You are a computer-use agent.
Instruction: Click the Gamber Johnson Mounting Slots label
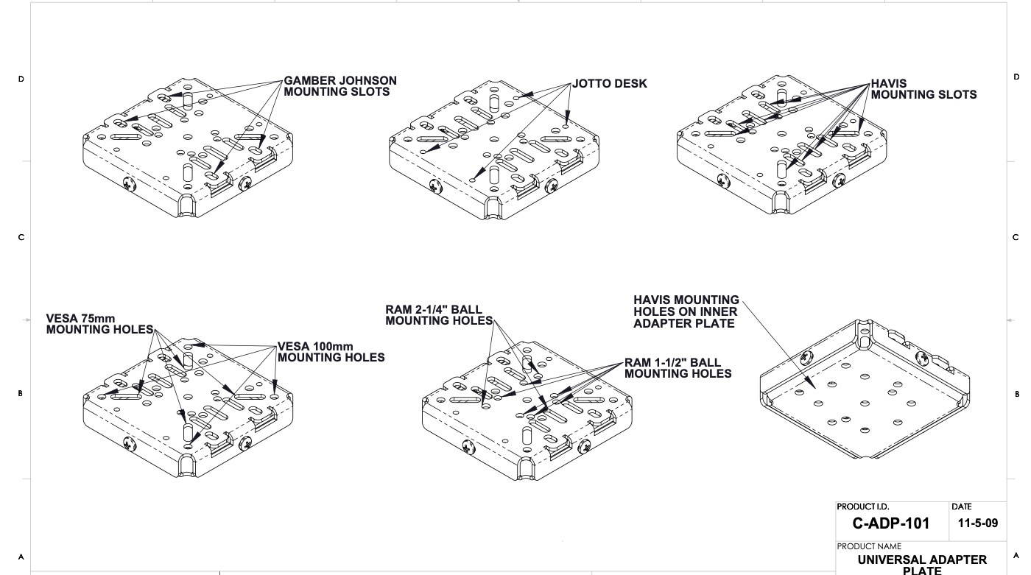point(339,86)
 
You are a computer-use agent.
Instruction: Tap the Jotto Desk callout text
point(609,84)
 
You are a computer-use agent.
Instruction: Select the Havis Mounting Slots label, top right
point(923,89)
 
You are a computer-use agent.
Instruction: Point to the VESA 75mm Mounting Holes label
point(99,324)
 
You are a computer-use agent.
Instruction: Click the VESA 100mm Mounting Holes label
point(331,352)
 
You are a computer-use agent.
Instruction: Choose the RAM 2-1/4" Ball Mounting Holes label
point(438,315)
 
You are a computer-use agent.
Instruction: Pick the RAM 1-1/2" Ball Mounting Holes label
point(678,368)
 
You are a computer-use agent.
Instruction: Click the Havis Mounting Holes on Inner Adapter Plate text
point(686,311)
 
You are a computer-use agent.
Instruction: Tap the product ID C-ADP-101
point(890,524)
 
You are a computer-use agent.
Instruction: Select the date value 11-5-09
point(978,523)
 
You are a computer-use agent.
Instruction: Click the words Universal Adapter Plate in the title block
point(922,565)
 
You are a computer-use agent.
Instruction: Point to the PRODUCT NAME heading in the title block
point(869,546)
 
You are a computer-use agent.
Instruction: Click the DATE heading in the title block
point(961,507)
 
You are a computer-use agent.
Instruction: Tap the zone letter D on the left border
point(21,79)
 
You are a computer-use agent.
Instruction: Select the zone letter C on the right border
point(1016,237)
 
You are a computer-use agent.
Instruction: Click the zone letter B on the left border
point(21,394)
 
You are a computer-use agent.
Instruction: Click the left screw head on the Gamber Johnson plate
point(130,185)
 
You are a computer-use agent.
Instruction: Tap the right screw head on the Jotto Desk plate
point(551,187)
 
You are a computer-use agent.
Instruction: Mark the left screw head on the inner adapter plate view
point(805,358)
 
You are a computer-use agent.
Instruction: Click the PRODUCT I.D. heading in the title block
point(862,507)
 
